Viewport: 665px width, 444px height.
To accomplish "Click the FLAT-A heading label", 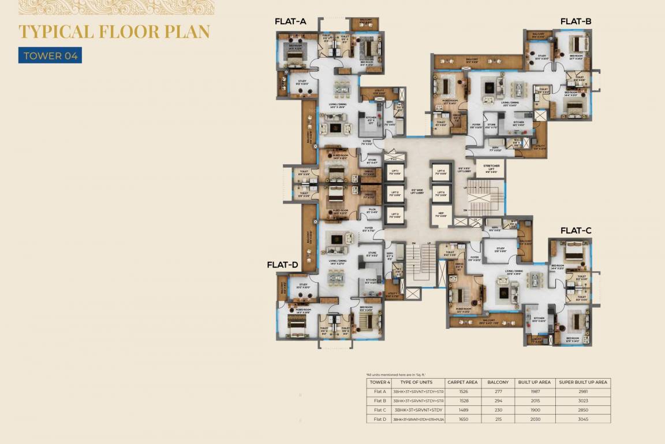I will click(290, 22).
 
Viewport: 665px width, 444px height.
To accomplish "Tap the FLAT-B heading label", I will click(576, 22).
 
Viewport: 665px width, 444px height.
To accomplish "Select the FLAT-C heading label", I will click(576, 230).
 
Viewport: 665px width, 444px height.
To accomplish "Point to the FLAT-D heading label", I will click(282, 265).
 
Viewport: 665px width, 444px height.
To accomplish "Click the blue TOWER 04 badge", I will click(50, 56).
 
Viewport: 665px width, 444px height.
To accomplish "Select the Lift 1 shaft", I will click(395, 172).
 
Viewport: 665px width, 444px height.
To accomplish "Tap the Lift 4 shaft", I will click(441, 172).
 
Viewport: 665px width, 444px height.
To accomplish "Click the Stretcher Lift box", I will click(492, 169).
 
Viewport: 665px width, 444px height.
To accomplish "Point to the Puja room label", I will click(371, 212).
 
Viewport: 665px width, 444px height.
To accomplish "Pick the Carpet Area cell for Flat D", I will click(463, 419).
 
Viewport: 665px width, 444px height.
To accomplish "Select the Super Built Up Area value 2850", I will click(582, 409).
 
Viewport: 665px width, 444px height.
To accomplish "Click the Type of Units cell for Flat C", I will click(418, 409).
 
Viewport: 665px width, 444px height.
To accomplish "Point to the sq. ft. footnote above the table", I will click(393, 375).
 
